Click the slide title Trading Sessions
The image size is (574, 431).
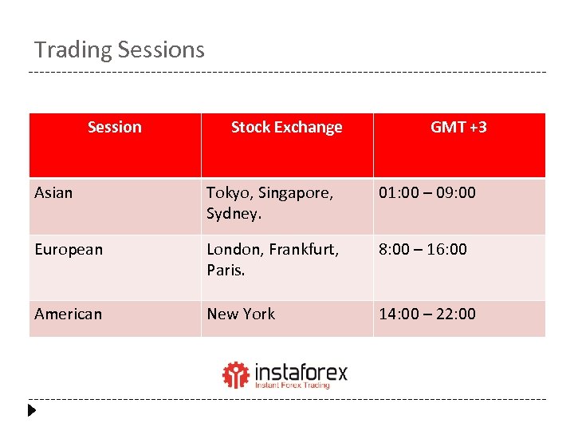tap(120, 50)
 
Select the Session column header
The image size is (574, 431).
tap(115, 127)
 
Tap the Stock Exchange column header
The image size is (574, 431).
tap(286, 127)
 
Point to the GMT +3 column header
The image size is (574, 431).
tap(459, 127)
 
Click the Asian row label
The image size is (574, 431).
tap(53, 192)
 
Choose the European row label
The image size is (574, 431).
tap(69, 249)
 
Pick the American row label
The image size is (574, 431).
tap(69, 314)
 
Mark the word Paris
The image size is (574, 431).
tap(225, 270)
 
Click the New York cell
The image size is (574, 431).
tap(241, 314)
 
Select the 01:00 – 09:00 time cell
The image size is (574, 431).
tap(427, 192)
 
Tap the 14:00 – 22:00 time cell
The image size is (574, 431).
tap(427, 314)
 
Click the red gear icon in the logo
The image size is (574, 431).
tap(235, 374)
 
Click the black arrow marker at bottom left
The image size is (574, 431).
tap(32, 412)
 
